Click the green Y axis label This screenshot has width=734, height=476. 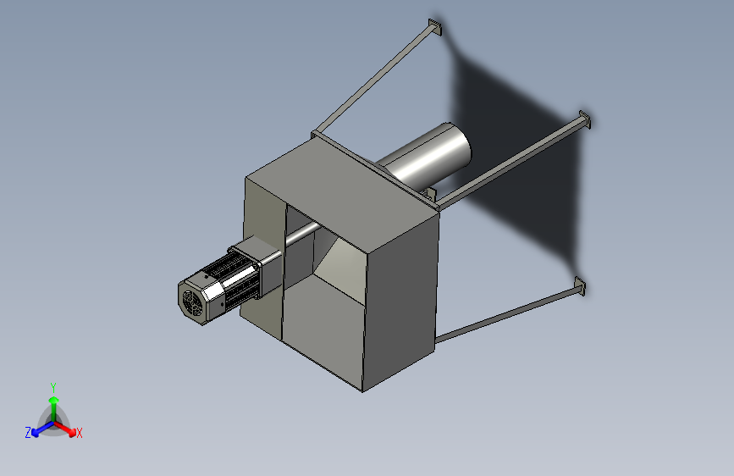point(53,387)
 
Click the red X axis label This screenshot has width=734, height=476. point(79,433)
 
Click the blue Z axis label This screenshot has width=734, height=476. point(28,433)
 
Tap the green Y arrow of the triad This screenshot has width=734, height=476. point(54,410)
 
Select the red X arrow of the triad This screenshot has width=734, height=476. point(65,429)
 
